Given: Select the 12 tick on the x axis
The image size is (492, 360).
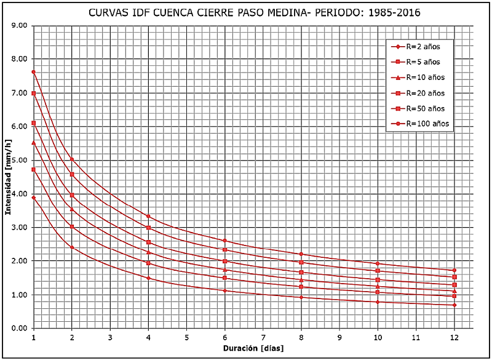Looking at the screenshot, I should click(454, 337).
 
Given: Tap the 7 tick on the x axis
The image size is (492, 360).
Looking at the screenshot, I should click(263, 337).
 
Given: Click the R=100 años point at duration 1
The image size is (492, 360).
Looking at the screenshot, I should click(33, 72).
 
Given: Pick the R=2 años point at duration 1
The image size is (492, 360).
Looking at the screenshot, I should click(33, 198).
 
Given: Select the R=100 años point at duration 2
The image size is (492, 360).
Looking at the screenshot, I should click(72, 159).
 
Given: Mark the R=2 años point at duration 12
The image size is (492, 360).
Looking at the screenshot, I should click(454, 305).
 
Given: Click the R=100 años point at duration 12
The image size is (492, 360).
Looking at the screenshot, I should click(454, 270).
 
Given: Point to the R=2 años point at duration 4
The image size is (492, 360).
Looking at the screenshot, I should click(148, 278).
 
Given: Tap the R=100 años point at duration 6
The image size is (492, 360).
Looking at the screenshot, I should click(224, 240).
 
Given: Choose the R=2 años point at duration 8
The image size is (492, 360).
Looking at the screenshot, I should click(301, 297).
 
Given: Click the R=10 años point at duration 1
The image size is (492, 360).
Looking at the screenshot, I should click(33, 143).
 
